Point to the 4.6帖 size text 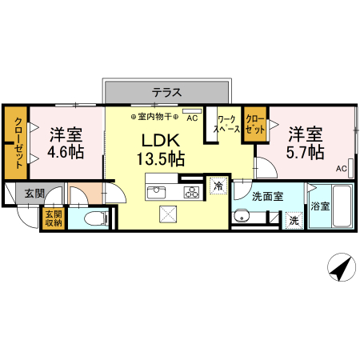click(x=66, y=151)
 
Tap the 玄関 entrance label click(x=34, y=193)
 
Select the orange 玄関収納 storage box click(x=52, y=218)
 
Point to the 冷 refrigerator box click(x=218, y=186)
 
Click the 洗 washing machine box click(x=294, y=218)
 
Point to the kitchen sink click(x=156, y=192)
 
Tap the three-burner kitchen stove click(x=191, y=192)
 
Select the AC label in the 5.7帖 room click(x=340, y=169)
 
